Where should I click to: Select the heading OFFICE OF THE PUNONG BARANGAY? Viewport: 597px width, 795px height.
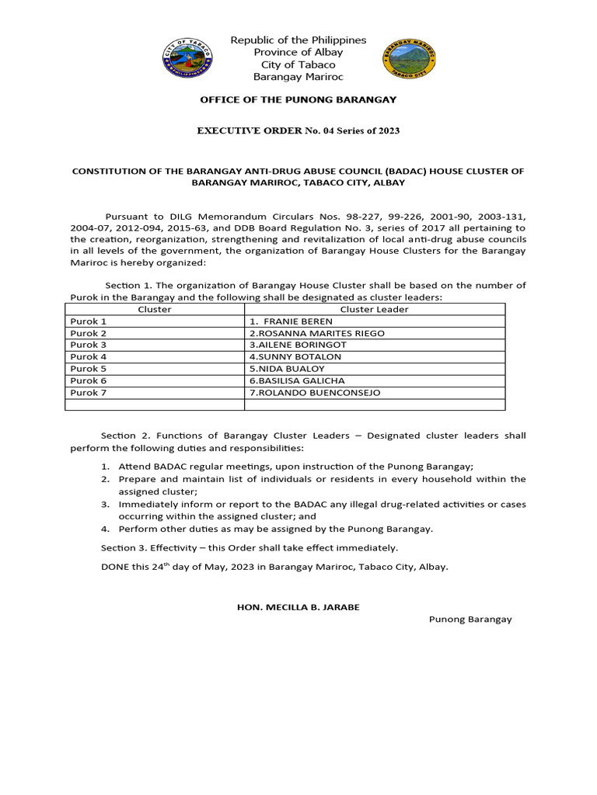(298, 99)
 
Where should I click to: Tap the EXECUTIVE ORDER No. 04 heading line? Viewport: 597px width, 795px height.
(298, 130)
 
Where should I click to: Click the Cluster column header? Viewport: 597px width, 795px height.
(155, 309)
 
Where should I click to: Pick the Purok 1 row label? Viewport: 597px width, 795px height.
(89, 321)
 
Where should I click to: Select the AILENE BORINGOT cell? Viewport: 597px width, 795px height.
(298, 345)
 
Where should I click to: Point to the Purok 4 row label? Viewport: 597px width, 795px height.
(89, 357)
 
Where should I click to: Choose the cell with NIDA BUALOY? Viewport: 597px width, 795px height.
(287, 369)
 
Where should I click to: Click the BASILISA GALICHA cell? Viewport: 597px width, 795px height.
(297, 380)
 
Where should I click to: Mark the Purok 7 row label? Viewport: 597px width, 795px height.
(89, 393)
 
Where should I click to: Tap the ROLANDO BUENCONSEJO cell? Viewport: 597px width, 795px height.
(315, 393)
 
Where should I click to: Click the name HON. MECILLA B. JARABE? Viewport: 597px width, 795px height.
(298, 606)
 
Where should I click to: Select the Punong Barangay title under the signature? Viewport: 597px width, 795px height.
(470, 619)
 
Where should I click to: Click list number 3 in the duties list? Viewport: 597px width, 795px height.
(105, 504)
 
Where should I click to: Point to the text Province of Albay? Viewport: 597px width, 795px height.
(298, 52)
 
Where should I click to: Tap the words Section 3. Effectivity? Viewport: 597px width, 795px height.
(147, 548)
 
